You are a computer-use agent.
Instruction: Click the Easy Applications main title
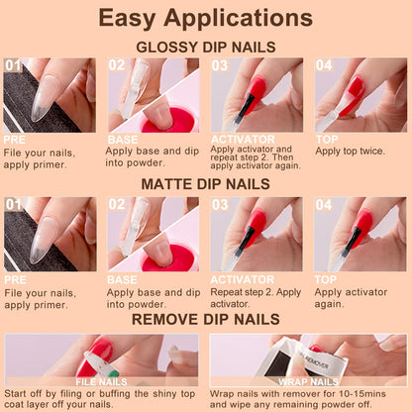point(206,18)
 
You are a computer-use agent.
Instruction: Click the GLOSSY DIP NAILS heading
point(206,47)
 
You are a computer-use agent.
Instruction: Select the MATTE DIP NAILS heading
point(206,184)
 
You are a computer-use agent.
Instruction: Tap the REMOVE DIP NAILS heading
point(206,320)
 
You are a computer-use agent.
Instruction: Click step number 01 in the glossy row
point(13,65)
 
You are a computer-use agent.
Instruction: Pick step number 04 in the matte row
point(324,204)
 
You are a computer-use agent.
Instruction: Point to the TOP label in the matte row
point(326,279)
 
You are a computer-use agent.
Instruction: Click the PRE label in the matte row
point(15,279)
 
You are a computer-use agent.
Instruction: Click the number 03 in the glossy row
point(220,65)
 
